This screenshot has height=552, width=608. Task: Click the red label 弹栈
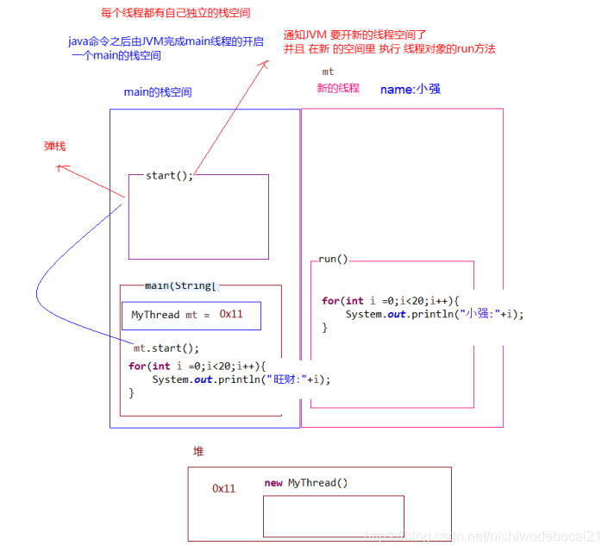coord(55,147)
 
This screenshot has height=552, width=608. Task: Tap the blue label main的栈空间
coord(158,92)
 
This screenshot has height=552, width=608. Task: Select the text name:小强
coord(411,89)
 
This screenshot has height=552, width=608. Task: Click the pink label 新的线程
coord(338,88)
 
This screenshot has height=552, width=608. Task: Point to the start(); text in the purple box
coord(169,176)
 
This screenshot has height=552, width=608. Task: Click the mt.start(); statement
coord(166,348)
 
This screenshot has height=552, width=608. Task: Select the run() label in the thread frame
coord(333,259)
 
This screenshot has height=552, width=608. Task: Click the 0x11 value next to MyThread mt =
coord(231,314)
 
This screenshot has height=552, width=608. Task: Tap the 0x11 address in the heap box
coord(224,488)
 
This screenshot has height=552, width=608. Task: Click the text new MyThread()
coord(306,483)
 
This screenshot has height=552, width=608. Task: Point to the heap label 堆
coord(199,451)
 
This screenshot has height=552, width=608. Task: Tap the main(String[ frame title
coord(182,285)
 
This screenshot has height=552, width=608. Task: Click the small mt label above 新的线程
coord(328,72)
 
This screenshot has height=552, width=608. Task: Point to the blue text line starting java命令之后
coord(166,41)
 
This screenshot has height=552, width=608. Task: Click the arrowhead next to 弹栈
coord(60,169)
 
